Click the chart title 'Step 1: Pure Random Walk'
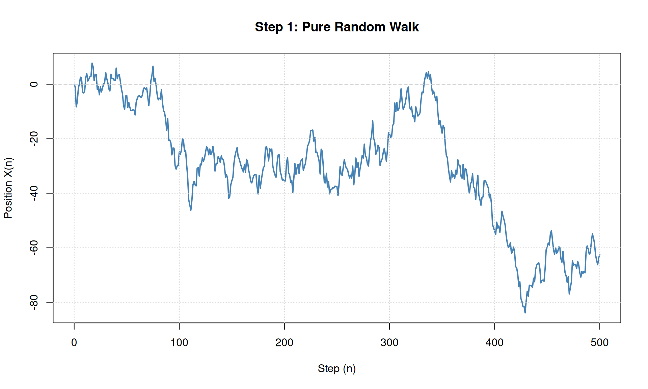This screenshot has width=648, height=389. [336, 27]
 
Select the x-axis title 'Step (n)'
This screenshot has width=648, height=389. [336, 368]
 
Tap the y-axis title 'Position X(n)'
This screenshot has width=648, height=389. [8, 188]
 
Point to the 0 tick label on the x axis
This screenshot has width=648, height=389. [74, 343]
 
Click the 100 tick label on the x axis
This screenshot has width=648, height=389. [179, 343]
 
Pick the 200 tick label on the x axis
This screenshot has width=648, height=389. [284, 343]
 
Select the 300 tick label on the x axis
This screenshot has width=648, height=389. [389, 343]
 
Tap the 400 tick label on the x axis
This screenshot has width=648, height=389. [494, 343]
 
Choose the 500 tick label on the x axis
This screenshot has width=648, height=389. [599, 343]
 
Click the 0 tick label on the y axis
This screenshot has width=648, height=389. [34, 84]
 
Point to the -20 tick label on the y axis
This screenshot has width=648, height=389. [34, 139]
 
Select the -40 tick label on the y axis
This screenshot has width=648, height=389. [34, 193]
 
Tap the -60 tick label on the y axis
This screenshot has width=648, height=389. [34, 248]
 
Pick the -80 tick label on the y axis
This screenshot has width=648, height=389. [34, 302]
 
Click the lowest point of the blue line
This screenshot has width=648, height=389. [525, 313]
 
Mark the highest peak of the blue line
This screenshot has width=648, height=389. [92, 63]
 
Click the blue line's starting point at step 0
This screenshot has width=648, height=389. [74, 84]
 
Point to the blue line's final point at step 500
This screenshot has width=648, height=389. [600, 254]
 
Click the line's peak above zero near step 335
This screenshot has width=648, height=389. [427, 72]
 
